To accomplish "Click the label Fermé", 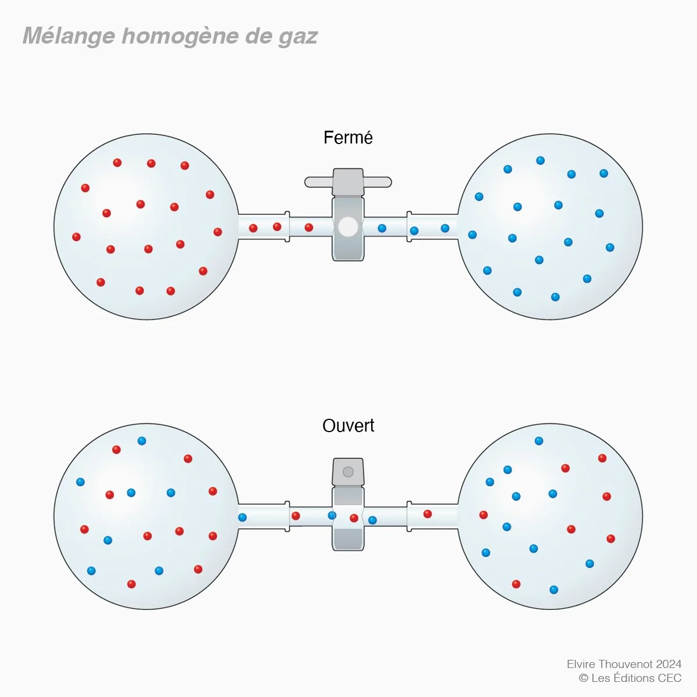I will point(348,138).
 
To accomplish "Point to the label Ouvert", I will point(348,426).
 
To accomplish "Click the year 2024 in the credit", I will point(669,664).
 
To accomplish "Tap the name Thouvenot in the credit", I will point(623,664).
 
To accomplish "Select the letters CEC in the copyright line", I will point(669,678).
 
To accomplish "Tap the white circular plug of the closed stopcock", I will point(348,227).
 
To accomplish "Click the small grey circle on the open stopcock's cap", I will point(348,472).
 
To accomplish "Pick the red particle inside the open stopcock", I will point(354,518).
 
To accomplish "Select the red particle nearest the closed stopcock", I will point(309,227).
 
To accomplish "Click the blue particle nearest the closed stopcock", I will point(382,228).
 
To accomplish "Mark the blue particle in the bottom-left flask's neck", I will point(242,517).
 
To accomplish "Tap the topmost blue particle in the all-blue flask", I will point(540,160).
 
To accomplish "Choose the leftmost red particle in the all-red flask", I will point(76,237).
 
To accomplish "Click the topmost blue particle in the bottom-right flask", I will point(538,441).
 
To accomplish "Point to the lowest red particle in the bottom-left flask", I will point(131,584).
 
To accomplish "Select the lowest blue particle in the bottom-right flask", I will point(554,590).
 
